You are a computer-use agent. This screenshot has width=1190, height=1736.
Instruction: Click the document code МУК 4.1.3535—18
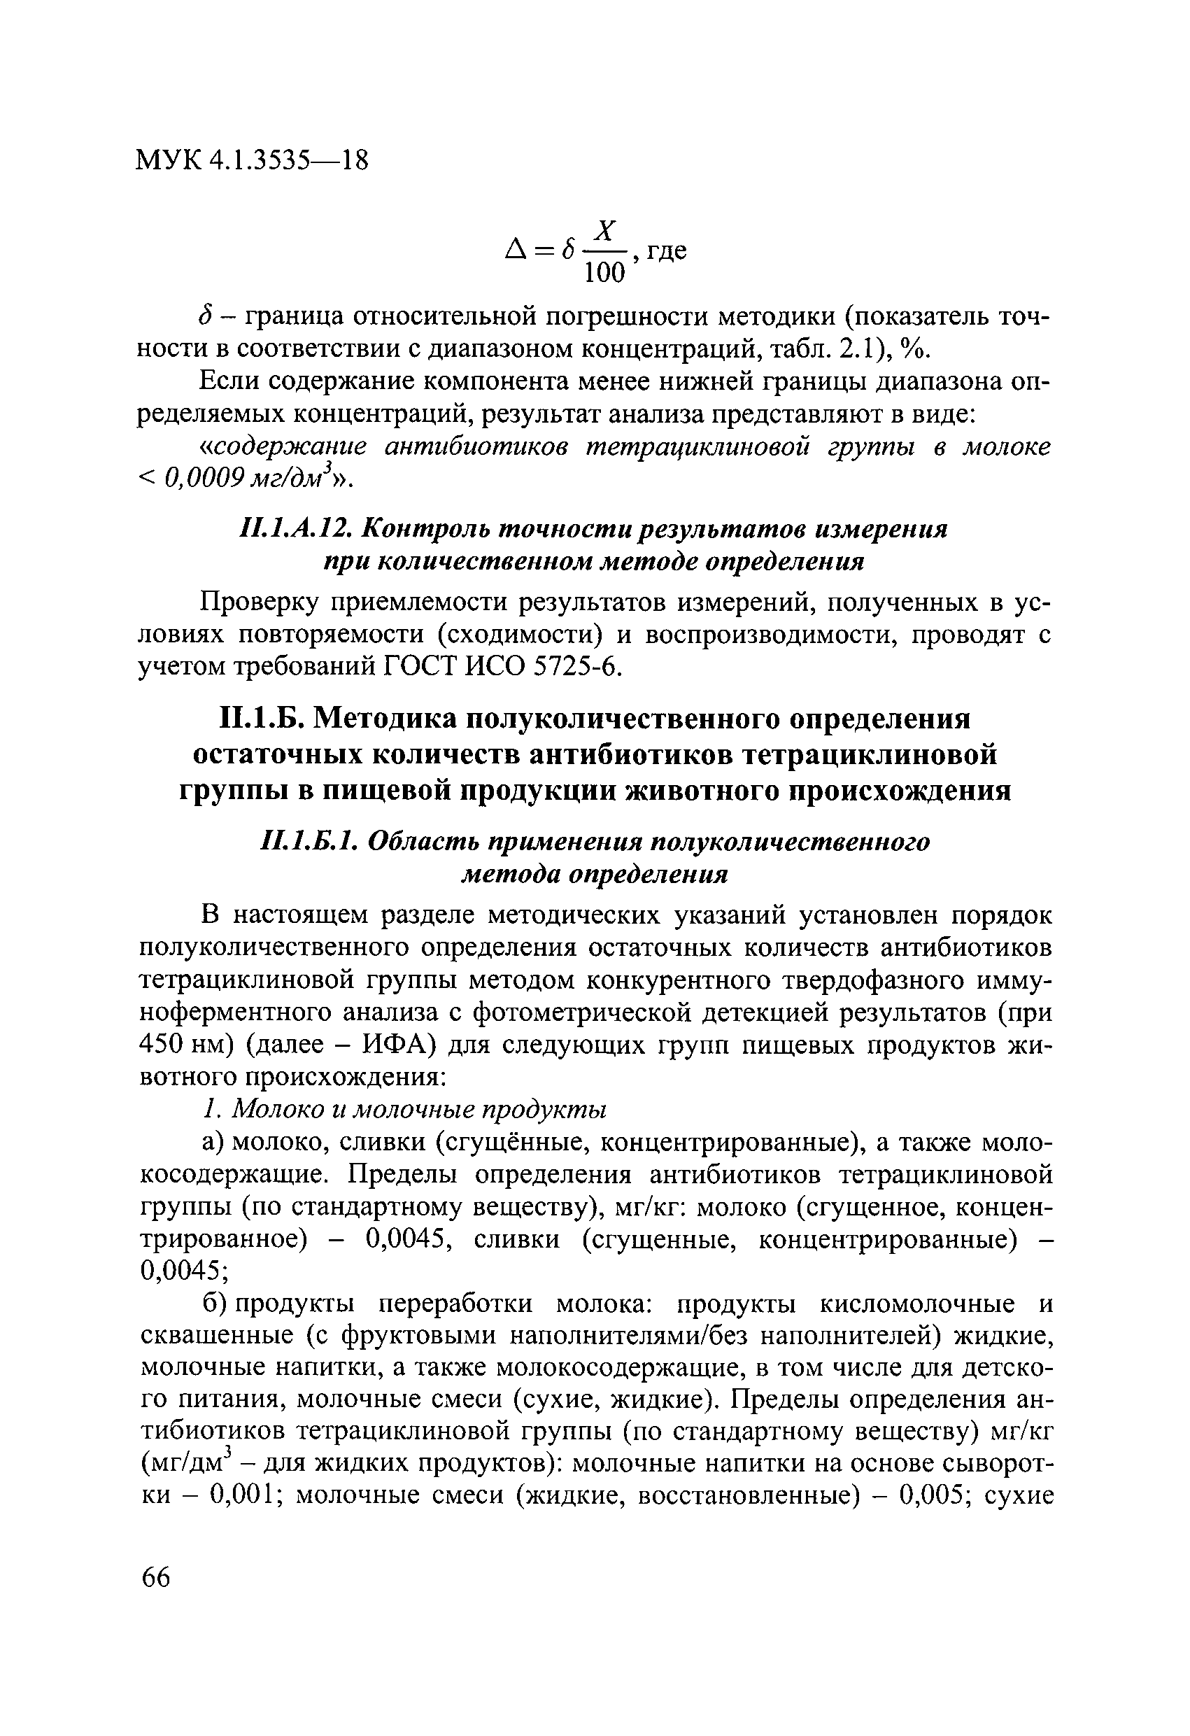tap(252, 161)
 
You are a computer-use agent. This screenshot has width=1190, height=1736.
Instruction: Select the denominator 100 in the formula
tap(604, 274)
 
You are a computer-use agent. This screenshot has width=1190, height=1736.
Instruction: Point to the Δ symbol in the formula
tap(516, 251)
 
